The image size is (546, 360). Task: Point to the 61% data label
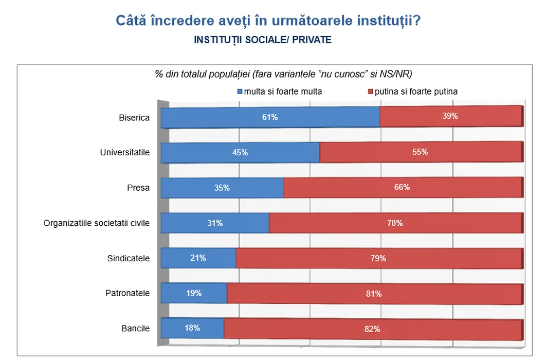pyautogui.click(x=270, y=117)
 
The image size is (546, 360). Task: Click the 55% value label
pyautogui.click(x=420, y=152)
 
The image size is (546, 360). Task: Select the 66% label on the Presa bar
pyautogui.click(x=402, y=187)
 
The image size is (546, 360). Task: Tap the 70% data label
pyautogui.click(x=395, y=223)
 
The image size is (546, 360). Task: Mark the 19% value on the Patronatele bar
pyautogui.click(x=194, y=294)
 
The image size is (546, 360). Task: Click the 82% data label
pyautogui.click(x=372, y=329)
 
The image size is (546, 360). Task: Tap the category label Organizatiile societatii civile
pyautogui.click(x=97, y=223)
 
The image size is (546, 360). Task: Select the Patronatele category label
pyautogui.click(x=128, y=294)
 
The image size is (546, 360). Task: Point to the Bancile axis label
pyautogui.click(x=135, y=329)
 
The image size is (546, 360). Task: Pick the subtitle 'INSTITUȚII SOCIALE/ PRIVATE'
pyautogui.click(x=263, y=40)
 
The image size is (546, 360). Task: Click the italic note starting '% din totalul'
pyautogui.click(x=284, y=74)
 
